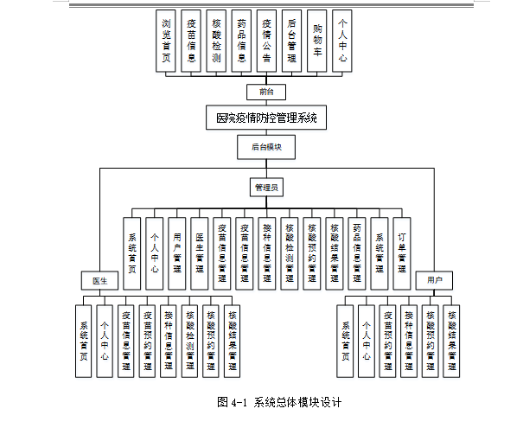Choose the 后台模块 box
[x=266, y=148]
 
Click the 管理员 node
[x=266, y=187]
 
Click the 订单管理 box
[x=401, y=251]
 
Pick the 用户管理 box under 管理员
[x=176, y=251]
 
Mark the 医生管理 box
[x=199, y=251]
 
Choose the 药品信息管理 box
[x=356, y=251]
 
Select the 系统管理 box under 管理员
[x=379, y=251]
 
